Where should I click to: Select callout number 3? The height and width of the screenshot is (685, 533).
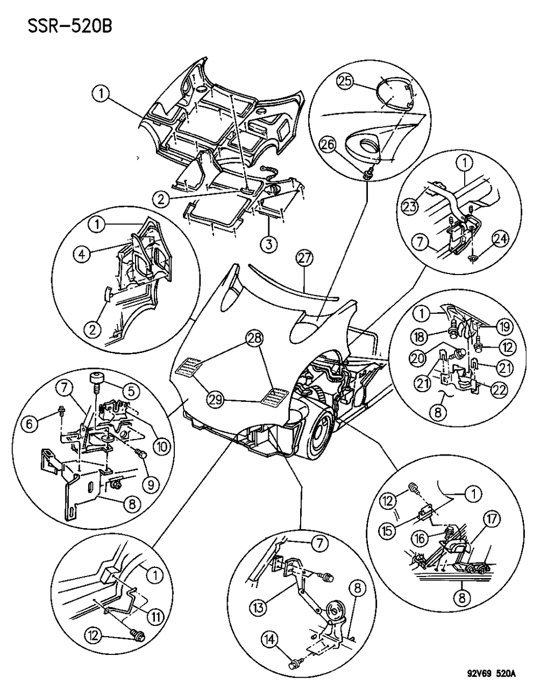coord(269,244)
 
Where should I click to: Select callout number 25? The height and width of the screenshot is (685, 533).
coord(345,81)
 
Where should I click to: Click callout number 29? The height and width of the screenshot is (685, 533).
coord(217,399)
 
